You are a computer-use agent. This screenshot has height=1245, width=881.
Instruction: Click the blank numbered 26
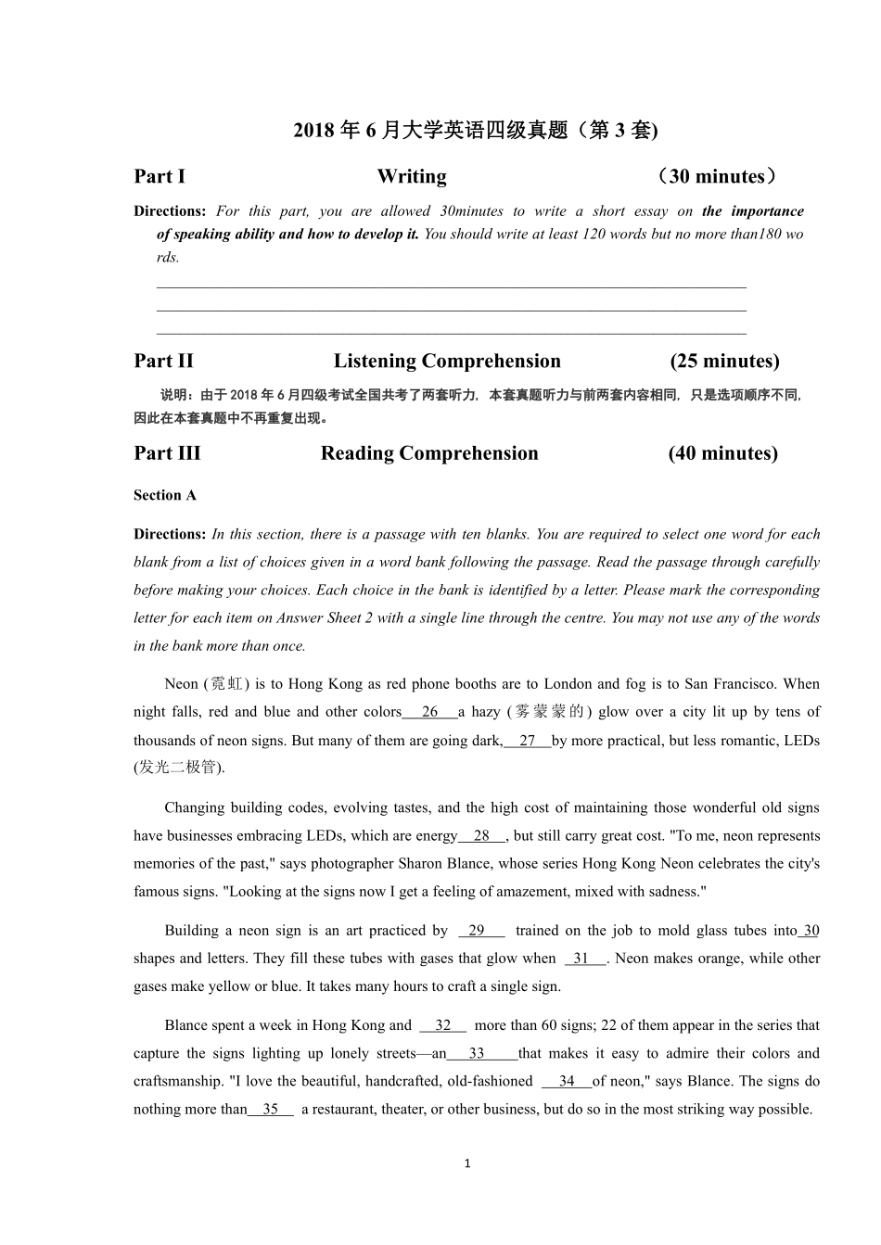(429, 712)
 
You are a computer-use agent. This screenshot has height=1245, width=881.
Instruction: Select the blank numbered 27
(528, 741)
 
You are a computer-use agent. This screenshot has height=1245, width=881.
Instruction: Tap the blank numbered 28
(481, 835)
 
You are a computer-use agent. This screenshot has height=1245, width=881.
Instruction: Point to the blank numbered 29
(477, 931)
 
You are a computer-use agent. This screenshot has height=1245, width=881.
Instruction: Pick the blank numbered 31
(581, 959)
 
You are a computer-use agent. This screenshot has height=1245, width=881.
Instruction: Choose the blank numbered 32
(443, 1025)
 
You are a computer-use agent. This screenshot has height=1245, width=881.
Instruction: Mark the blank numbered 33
(477, 1053)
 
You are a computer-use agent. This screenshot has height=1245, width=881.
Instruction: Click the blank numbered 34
(567, 1081)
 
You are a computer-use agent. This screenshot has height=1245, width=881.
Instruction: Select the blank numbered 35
(271, 1109)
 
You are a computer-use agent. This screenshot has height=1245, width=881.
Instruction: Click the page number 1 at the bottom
(467, 1163)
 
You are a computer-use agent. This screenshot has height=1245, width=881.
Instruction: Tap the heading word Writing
(412, 176)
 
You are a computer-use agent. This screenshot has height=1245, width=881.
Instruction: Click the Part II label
(163, 361)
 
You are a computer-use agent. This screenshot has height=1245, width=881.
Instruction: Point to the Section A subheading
(165, 495)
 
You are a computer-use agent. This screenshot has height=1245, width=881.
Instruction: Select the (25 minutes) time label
(724, 361)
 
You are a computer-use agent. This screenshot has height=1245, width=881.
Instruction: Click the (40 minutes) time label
(722, 453)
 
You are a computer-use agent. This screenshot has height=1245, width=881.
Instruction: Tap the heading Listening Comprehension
(447, 361)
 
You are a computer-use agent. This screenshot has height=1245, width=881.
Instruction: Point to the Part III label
(167, 453)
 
